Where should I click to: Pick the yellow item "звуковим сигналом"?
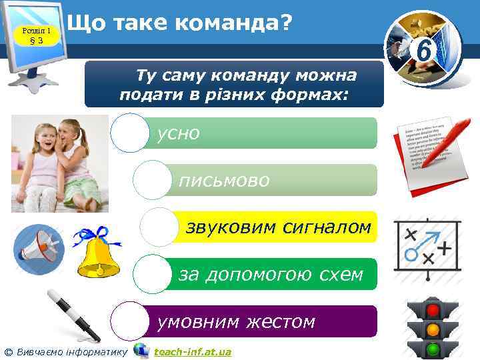[x=278, y=227]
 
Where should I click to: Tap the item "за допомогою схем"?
[x=271, y=274]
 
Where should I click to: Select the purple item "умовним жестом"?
[x=236, y=322]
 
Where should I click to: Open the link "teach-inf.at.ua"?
[x=193, y=351]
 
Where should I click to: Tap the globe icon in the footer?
[x=141, y=350]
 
